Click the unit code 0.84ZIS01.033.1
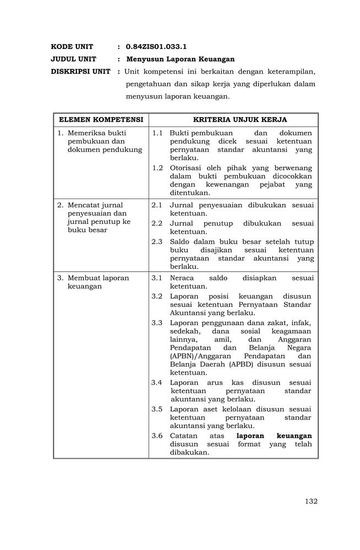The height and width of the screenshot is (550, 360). [x=152, y=47]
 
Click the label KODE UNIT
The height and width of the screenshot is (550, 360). [x=72, y=47]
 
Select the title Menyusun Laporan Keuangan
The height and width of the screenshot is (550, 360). [x=181, y=59]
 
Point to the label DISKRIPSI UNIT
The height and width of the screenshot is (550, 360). [x=80, y=71]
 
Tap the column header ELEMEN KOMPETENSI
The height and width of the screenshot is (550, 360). [x=101, y=119]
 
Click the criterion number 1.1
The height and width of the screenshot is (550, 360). [x=157, y=133]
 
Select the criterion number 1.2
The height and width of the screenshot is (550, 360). [x=157, y=168]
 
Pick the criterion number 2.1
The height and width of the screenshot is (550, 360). [x=157, y=205]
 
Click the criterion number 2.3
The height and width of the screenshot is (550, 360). [x=157, y=241]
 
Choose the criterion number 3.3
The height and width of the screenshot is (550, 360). [x=157, y=323]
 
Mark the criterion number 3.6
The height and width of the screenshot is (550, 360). [x=157, y=436]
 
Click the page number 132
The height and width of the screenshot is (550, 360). [x=311, y=501]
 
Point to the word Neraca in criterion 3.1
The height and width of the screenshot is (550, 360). [x=182, y=278]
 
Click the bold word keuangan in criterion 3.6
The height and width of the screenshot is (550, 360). [x=294, y=436]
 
